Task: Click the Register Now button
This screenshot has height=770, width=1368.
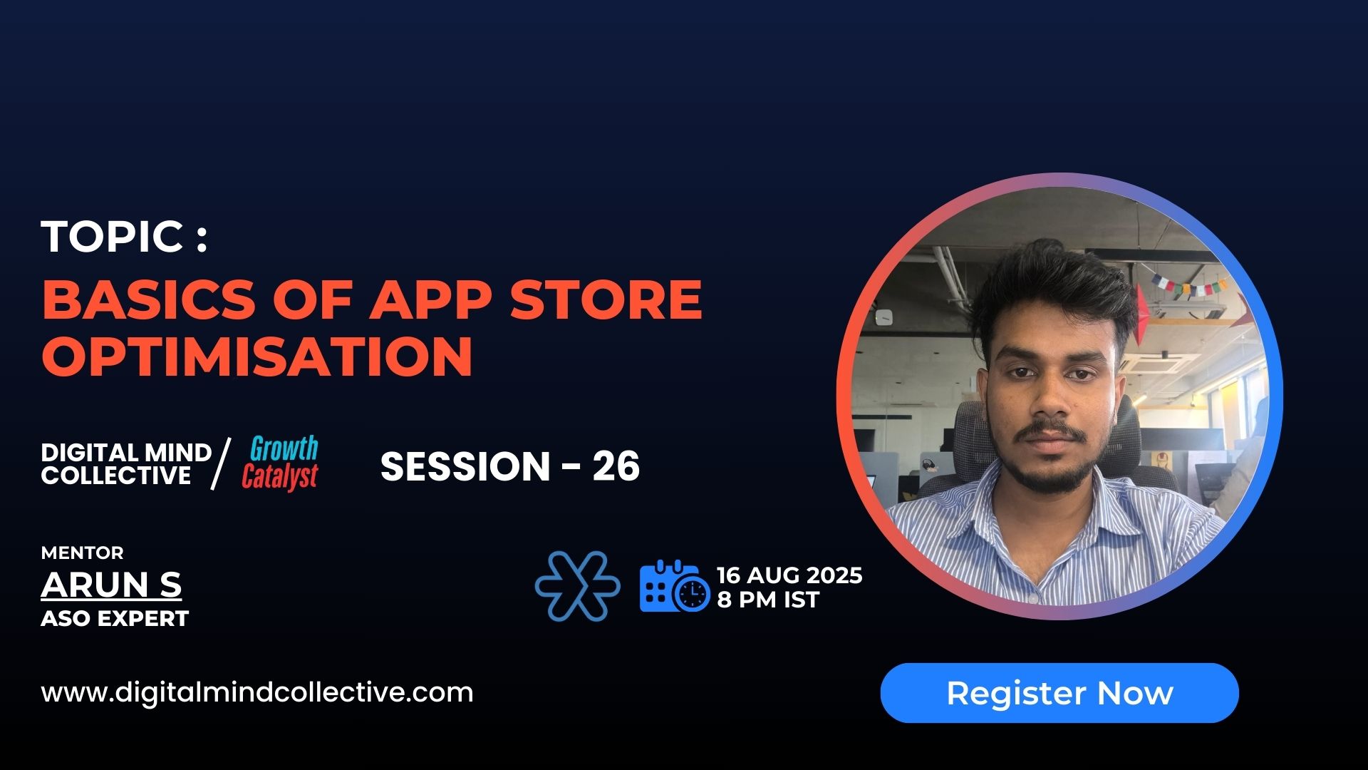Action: click(1059, 693)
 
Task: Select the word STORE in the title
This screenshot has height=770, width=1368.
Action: click(606, 299)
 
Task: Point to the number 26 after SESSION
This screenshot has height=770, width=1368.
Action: click(616, 466)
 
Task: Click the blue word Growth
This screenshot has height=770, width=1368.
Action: click(284, 449)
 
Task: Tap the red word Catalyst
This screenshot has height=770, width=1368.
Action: click(279, 477)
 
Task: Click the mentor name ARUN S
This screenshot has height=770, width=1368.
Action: click(111, 585)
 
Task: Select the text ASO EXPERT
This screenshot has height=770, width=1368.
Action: click(115, 618)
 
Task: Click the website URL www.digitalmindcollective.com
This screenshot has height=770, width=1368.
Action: click(257, 692)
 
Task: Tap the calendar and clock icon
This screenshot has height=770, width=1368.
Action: click(674, 586)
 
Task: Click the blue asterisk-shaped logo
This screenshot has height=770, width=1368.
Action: click(577, 586)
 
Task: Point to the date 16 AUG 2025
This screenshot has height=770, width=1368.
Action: click(789, 575)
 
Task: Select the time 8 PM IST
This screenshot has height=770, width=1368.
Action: click(768, 600)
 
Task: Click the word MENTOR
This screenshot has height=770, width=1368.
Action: click(82, 553)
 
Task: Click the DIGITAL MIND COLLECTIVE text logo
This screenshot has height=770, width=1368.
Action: click(125, 463)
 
